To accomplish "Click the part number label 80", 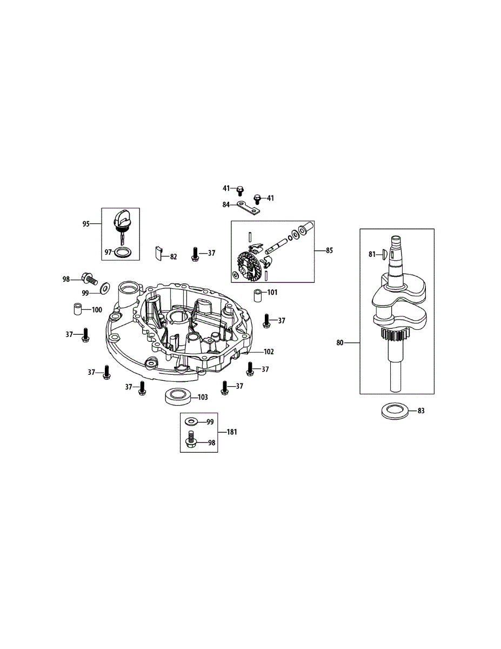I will [x=340, y=342].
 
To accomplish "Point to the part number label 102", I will [x=269, y=352].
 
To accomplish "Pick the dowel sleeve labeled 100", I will [x=78, y=310].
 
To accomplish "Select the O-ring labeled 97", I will [x=124, y=253].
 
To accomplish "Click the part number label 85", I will [x=330, y=250].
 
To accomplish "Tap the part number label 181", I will [x=231, y=432].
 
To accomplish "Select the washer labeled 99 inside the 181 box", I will [x=191, y=421].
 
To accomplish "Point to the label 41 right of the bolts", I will [x=270, y=198].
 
